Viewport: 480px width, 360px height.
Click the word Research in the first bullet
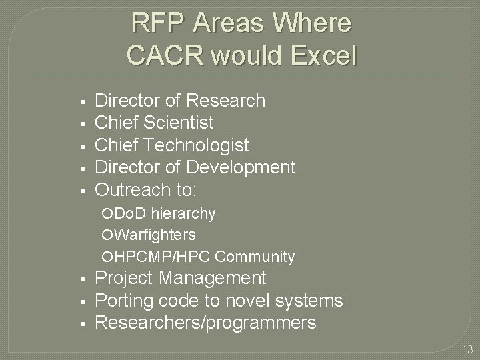click(x=227, y=101)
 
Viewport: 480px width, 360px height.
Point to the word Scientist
click(x=179, y=123)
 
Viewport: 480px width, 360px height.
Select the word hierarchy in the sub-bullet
click(x=184, y=213)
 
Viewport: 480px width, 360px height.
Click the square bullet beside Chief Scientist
click(x=80, y=123)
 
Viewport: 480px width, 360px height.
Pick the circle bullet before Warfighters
click(x=109, y=235)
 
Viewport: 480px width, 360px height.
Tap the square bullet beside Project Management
click(x=80, y=279)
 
